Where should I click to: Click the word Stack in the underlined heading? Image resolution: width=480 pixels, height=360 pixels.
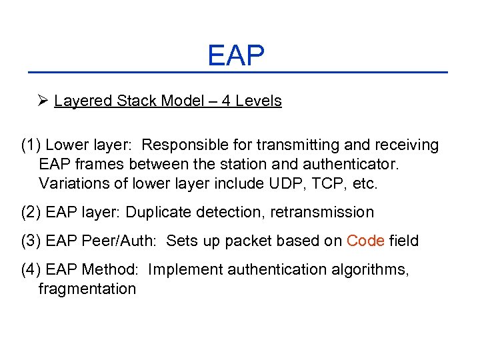[x=139, y=101]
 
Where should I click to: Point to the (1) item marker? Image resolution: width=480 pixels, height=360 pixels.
[x=31, y=145]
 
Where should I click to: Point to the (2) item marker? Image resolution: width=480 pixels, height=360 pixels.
[x=31, y=213]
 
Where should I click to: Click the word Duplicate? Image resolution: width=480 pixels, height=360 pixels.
[x=159, y=213]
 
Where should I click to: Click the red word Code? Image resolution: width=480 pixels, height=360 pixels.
[x=365, y=241]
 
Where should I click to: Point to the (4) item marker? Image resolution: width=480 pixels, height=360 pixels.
[x=31, y=269]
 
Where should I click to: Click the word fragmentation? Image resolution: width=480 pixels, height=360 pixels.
[x=87, y=289]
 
